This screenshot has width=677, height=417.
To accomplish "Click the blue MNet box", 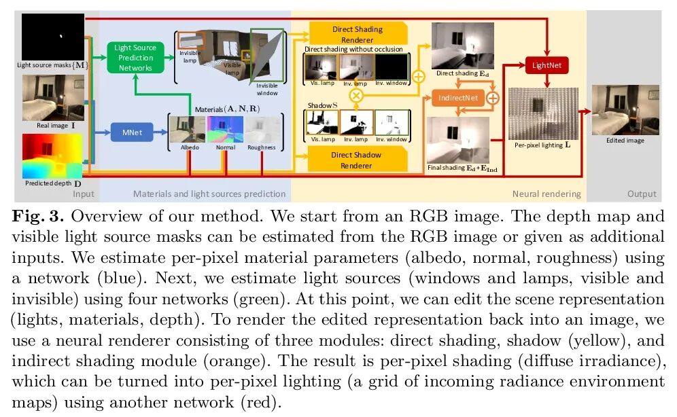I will [x=131, y=133].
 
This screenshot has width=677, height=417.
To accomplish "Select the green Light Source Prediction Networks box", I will [x=135, y=58].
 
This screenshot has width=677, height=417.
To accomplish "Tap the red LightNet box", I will [x=546, y=66].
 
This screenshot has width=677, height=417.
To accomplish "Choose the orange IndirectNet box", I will [x=457, y=98].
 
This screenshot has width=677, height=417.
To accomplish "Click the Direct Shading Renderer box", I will [x=357, y=34].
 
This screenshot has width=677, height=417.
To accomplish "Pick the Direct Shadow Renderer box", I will [x=357, y=160].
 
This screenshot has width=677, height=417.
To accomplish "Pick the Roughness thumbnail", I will [x=262, y=129].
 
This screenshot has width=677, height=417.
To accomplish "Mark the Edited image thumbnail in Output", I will [x=625, y=110].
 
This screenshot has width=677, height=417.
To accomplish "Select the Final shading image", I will [x=457, y=139].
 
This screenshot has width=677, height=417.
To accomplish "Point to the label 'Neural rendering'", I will [x=546, y=194].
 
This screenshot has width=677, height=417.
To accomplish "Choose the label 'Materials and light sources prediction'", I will [x=209, y=194].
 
